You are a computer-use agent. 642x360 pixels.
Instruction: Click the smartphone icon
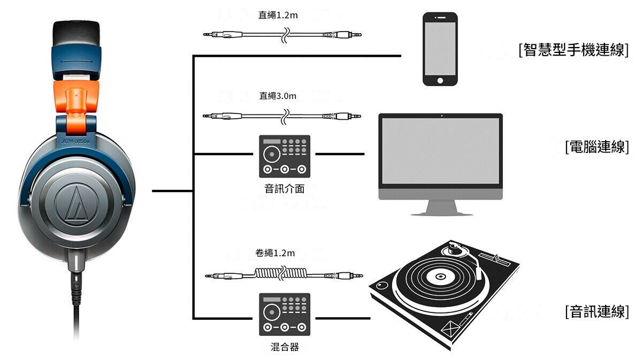click(x=440, y=49)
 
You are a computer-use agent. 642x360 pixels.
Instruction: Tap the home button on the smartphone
click(x=440, y=80)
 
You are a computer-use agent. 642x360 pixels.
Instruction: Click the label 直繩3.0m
click(x=277, y=96)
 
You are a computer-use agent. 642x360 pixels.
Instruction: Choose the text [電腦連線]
click(x=597, y=147)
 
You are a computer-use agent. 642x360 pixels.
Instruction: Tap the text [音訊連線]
click(x=597, y=312)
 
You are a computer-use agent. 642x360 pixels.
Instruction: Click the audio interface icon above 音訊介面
click(x=285, y=156)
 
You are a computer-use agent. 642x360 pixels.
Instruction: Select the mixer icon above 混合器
click(x=285, y=315)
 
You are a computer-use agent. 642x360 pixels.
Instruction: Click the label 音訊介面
click(x=285, y=189)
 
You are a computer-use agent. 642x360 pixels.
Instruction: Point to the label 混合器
click(x=285, y=347)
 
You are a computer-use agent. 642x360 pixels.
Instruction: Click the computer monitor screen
click(x=441, y=150)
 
